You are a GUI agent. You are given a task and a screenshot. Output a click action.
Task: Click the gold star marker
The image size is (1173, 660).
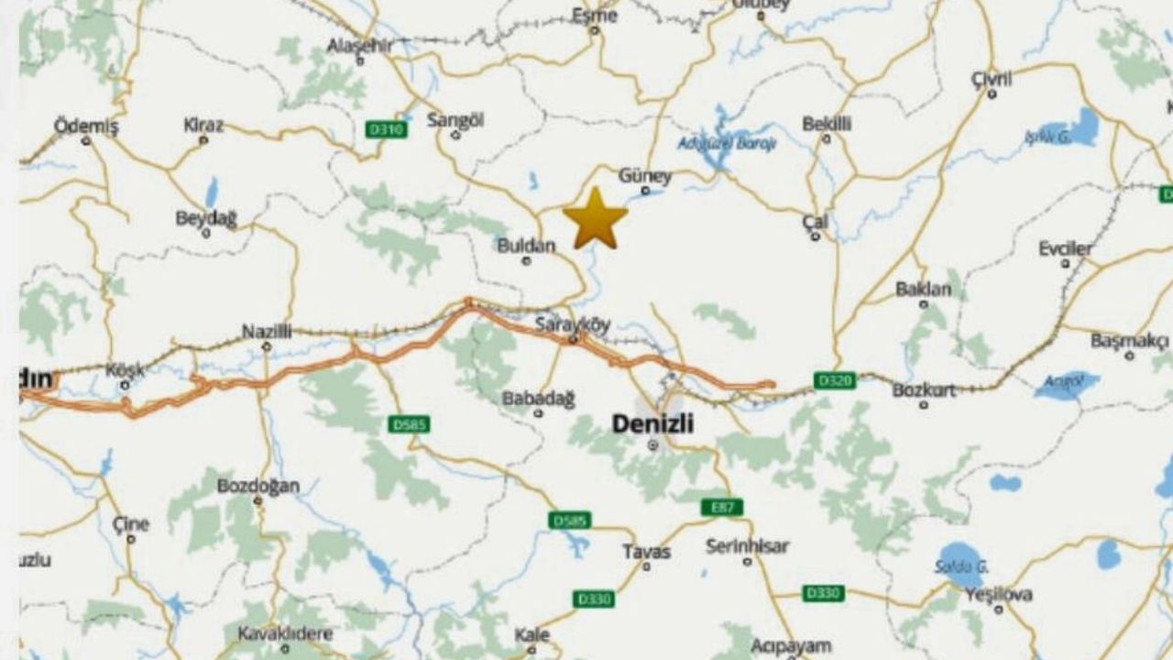point(596,219)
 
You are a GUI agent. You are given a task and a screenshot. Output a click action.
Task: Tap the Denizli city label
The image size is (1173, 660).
point(652,423)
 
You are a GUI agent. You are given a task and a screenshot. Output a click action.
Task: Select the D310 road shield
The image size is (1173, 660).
point(386,130)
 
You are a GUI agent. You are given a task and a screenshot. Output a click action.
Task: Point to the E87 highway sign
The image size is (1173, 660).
point(722,507)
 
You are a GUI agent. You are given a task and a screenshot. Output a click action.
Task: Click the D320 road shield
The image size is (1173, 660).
point(834,379)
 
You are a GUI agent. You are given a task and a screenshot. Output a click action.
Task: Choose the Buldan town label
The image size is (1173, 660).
point(526,246)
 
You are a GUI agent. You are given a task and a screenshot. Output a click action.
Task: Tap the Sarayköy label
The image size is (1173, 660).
point(573,324)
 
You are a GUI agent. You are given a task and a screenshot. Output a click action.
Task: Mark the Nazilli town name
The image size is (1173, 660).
point(267,332)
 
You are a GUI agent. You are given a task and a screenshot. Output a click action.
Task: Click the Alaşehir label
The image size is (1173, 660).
point(359,46)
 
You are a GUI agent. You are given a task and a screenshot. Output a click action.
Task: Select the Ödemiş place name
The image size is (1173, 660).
point(86,126)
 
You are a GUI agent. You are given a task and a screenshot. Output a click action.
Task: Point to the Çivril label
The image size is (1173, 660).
point(992,79)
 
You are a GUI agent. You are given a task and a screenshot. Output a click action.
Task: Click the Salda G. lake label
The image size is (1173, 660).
point(961,566)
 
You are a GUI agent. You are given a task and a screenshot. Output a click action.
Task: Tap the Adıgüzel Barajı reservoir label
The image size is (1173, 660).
point(714,143)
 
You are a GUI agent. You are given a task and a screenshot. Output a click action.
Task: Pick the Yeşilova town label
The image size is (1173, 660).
point(999,595)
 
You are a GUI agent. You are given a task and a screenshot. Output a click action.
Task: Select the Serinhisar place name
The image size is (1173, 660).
point(747,546)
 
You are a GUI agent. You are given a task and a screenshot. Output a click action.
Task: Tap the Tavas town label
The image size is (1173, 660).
point(646,552)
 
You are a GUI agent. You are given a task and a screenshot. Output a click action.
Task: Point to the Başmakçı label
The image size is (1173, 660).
point(1129,341)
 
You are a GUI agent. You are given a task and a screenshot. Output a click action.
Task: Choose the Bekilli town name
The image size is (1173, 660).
point(827,124)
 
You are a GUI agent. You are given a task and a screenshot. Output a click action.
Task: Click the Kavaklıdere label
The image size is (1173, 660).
point(285,633)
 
